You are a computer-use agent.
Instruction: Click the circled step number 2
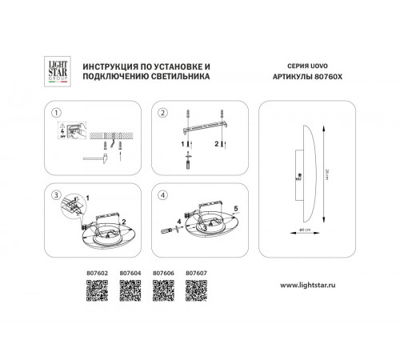click(x=162, y=114)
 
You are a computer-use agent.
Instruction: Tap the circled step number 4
click(x=162, y=194)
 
